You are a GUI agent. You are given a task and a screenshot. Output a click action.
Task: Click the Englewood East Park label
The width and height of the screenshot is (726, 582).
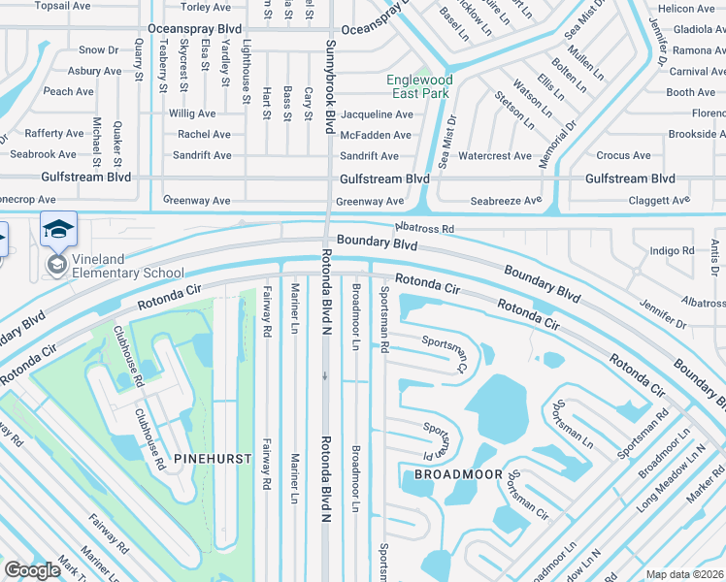click(x=418, y=86)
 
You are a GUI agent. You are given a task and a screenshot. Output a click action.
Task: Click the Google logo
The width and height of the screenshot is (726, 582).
click(x=32, y=570)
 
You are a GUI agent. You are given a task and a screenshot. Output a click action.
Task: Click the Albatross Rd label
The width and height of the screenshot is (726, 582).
click(x=424, y=228)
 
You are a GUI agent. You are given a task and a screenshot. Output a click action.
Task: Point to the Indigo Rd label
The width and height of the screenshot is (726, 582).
click(x=672, y=250)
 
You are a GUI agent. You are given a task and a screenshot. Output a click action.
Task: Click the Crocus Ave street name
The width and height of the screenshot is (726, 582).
click(x=624, y=156)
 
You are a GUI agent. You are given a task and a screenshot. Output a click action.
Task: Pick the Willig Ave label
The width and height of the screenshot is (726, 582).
click(x=192, y=114)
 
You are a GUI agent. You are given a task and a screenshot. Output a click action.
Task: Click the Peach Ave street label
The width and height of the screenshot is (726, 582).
click(x=68, y=92)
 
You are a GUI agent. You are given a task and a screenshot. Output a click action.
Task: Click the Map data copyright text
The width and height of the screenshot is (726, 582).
click(x=685, y=574)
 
